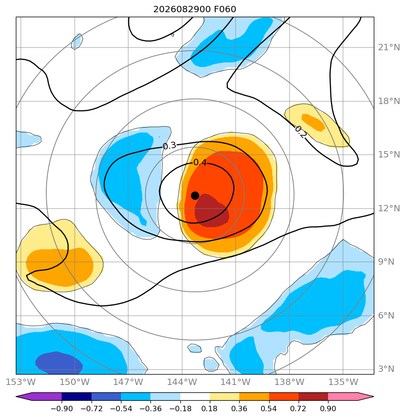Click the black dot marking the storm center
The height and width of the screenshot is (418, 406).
coord(195,196)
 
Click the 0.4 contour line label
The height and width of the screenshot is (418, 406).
coord(200,162)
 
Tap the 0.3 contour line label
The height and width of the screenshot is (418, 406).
coord(169,146)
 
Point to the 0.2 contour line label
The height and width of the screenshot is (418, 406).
coord(300,132)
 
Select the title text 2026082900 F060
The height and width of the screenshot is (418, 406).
coord(195,9)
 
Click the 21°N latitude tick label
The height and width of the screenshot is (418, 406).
coord(389,47)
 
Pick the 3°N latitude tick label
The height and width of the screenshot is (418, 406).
coord(386,369)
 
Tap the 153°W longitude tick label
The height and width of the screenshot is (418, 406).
coord(21,382)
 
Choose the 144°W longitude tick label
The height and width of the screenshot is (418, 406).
coord(182,382)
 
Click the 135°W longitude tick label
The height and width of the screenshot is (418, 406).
coord(343,382)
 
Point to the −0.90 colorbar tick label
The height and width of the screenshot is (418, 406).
coord(62,408)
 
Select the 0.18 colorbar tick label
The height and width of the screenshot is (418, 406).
coord(210,408)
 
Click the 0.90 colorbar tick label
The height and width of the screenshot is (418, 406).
coord(328,408)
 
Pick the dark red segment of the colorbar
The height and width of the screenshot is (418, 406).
coord(313,397)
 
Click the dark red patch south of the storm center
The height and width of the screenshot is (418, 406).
coord(211,211)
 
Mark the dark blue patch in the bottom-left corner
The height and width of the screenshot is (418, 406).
coord(59,362)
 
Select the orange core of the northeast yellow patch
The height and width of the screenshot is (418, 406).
coord(314,122)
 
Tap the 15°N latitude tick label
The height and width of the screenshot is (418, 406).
coord(389,155)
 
